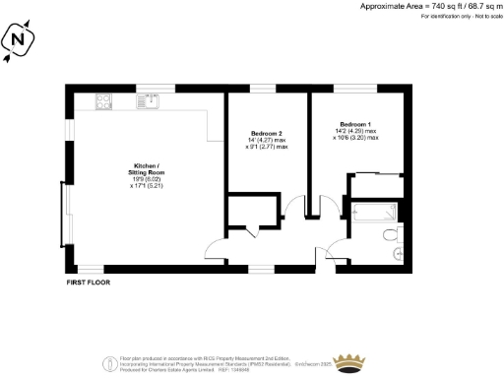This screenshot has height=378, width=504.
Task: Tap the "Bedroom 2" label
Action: [x=267, y=133]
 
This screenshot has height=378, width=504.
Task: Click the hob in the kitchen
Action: [x=102, y=100]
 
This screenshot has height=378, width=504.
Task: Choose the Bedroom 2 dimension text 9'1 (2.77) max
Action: [x=268, y=147]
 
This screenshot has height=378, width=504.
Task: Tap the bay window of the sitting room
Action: [x=65, y=216]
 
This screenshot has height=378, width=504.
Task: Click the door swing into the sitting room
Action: [x=212, y=251]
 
